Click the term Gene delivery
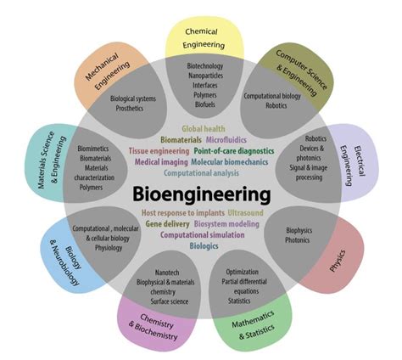click(x=166, y=223)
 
